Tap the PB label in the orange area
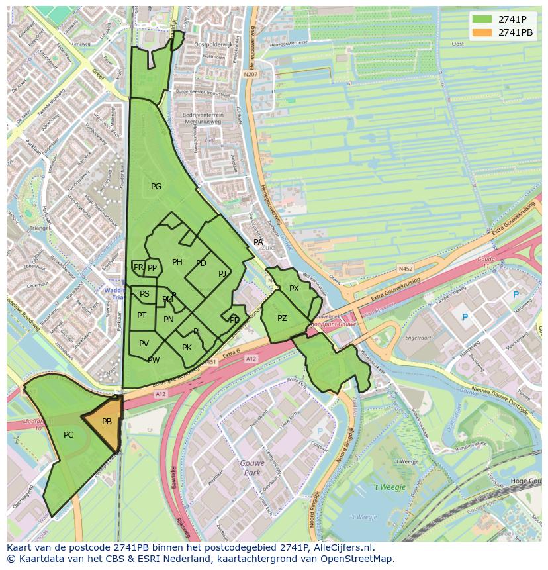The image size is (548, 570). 107,422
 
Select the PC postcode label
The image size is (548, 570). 69,435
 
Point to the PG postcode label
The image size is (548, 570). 156,187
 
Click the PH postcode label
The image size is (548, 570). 177,262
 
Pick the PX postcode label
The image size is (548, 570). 294,289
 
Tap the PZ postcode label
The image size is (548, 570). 282,318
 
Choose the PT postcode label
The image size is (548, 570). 142,316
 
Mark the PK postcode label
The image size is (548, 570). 187,348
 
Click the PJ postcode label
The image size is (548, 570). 222,273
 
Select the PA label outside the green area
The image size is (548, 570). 258,242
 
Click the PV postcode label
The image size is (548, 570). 144,343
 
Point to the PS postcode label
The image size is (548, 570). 144,294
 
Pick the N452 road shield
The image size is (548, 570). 406,269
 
